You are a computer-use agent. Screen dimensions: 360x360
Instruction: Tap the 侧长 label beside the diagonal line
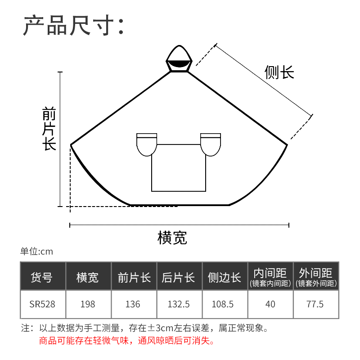point(279,72)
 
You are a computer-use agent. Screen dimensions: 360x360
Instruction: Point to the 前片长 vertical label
point(49,129)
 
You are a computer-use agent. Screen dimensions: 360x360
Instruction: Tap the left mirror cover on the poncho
point(147,144)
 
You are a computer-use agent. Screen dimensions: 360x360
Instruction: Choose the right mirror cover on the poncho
point(211,144)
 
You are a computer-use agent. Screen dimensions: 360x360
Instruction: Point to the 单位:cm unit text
point(36,252)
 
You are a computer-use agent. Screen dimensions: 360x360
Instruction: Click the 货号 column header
point(43,276)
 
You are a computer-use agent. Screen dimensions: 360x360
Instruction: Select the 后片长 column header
point(179,276)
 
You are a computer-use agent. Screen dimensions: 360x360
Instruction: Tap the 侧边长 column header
point(225,276)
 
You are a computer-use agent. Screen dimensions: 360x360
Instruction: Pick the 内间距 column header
point(270,276)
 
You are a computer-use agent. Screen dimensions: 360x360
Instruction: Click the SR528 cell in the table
point(43,304)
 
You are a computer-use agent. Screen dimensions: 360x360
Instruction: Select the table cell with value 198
point(88,304)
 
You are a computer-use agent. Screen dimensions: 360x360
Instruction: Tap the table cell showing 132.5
point(179,304)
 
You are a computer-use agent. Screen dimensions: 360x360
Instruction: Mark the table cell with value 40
point(270,304)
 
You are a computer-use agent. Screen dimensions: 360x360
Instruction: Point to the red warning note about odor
point(127,341)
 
